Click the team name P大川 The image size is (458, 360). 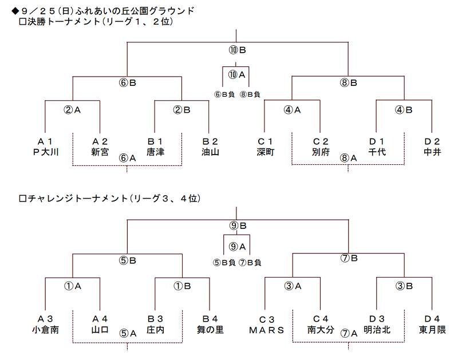point(46,152)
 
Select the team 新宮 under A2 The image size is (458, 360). point(100,152)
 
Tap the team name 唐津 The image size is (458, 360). point(155,152)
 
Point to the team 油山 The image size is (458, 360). point(210,152)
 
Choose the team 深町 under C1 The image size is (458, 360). point(265,152)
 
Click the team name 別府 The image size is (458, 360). point(321,152)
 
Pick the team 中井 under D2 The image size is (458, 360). point(432,152)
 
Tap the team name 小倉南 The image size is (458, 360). point(46,330)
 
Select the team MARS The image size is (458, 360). point(266,330)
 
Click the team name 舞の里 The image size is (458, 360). point(210,330)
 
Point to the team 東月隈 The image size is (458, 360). point(432,330)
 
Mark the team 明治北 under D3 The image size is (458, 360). point(377,330)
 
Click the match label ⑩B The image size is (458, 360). point(237,50)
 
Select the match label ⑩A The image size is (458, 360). point(236,75)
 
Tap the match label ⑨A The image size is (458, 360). point(237,247)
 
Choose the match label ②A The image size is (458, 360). point(72,110)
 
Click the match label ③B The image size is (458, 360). point(404,286)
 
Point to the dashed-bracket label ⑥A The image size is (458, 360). point(127,158)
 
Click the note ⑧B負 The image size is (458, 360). point(250,94)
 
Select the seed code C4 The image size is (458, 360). point(321,319)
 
